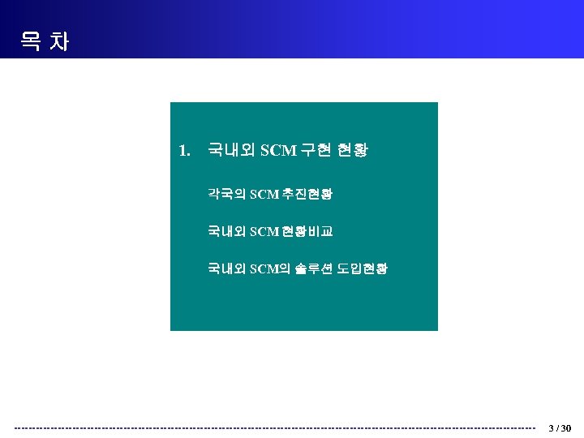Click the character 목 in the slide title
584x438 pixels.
[31, 41]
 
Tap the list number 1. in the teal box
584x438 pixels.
[184, 150]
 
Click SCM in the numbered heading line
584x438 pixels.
[277, 150]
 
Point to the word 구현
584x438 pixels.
[316, 150]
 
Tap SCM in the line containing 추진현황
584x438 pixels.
[264, 194]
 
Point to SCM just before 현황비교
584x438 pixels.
[264, 232]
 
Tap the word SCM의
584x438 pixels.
[269, 268]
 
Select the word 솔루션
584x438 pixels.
[311, 268]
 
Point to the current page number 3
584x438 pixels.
[551, 428]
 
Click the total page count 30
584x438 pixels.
[566, 428]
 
